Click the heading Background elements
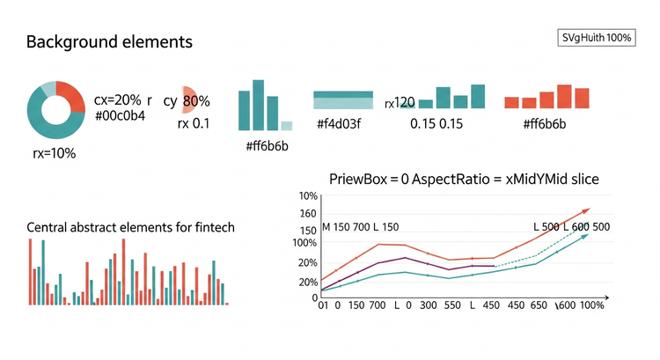click(x=109, y=42)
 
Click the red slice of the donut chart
click(x=74, y=95)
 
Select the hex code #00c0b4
click(x=120, y=115)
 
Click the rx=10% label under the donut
click(x=55, y=153)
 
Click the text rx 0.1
click(x=194, y=123)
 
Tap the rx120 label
click(x=400, y=102)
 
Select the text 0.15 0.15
click(x=436, y=123)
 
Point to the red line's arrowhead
click(x=584, y=212)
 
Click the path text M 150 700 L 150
click(x=360, y=227)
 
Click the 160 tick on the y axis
click(x=308, y=213)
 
